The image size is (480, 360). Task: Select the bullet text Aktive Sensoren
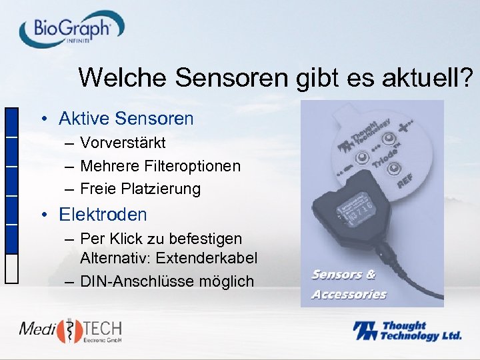pos(126,119)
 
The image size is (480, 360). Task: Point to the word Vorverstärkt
pos(123,143)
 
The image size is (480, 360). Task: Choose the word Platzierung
pos(161,189)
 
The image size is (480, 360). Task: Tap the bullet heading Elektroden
pos(103,215)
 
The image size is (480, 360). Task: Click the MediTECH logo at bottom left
pos(70,331)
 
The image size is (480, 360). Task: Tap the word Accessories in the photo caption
pos(349,294)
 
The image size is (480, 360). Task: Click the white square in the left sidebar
pos(11,269)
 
